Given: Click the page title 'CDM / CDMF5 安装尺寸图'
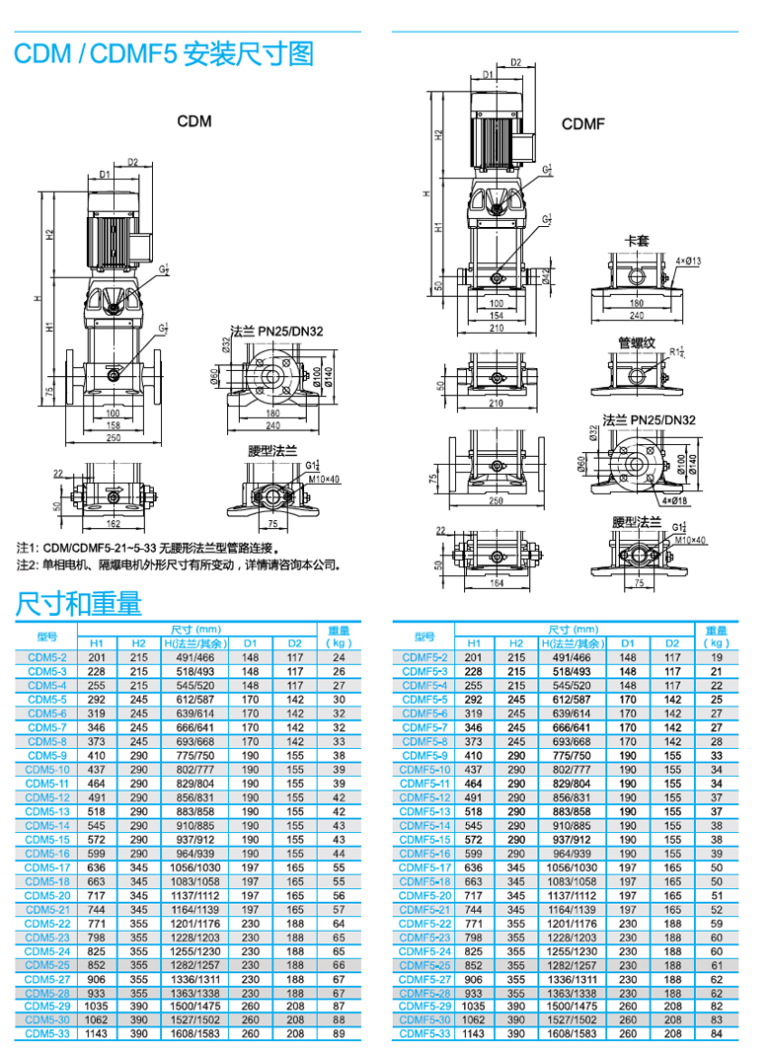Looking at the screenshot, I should tap(164, 54).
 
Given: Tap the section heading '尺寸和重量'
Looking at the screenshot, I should tap(78, 601).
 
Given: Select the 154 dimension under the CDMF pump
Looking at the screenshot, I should tap(496, 315).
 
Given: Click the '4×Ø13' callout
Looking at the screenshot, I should tap(688, 261).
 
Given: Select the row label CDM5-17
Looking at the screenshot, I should tap(47, 867).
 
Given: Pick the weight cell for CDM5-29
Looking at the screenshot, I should tap(339, 1006).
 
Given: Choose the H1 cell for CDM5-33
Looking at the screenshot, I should tap(97, 1033).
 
